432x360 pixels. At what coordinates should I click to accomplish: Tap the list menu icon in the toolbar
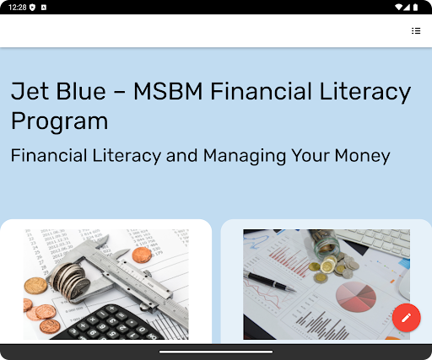(416, 30)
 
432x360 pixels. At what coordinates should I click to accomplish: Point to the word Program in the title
(59, 121)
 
